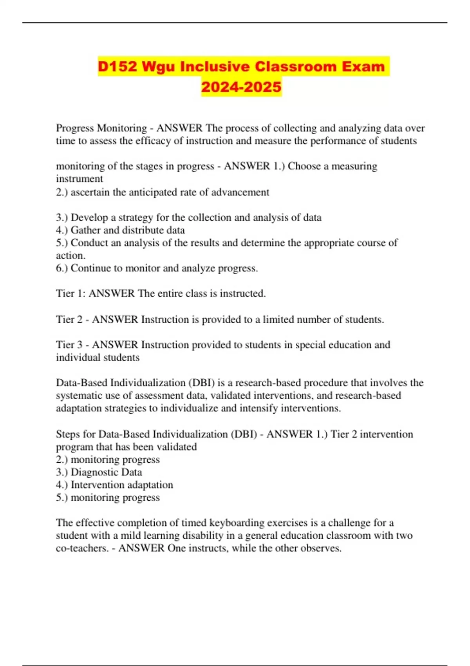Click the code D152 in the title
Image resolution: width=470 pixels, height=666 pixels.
117,67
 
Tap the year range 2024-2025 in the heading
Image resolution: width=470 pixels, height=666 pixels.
241,87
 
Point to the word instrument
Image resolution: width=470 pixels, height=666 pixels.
80,179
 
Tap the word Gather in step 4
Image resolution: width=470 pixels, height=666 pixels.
85,230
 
